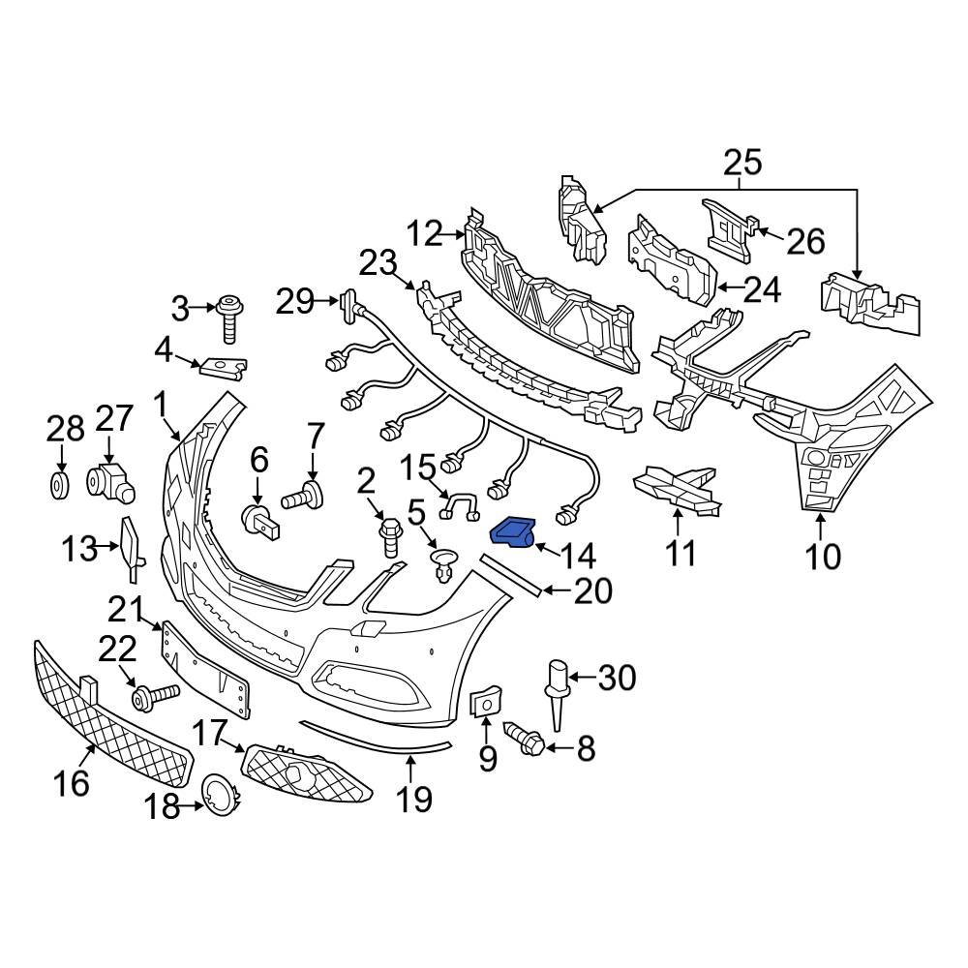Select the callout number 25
click(741, 163)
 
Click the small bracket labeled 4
click(224, 367)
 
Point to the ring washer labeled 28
click(60, 484)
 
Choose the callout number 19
click(411, 799)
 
